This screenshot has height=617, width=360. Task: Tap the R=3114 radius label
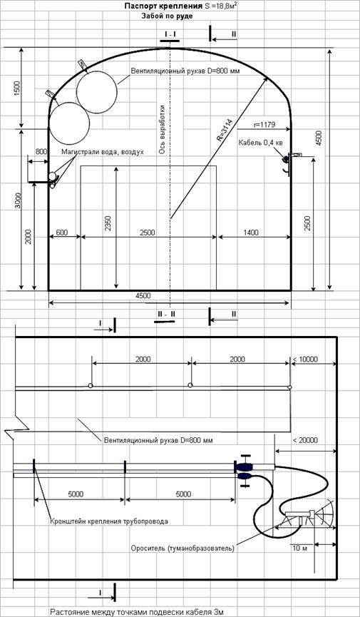point(226,130)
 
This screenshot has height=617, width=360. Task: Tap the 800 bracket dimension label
point(41,151)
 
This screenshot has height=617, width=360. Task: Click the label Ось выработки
point(161,129)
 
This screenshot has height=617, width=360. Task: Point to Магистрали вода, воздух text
point(102,151)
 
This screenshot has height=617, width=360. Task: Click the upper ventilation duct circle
point(97,91)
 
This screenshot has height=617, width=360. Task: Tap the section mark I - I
point(170,35)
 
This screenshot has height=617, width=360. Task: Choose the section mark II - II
point(165,315)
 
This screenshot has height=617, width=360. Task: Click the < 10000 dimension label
point(305,359)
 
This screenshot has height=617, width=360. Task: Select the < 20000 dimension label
point(305,440)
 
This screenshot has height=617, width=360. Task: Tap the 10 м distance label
point(299,548)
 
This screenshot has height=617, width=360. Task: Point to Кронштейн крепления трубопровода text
point(109,521)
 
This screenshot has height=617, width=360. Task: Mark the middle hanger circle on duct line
point(190,385)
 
